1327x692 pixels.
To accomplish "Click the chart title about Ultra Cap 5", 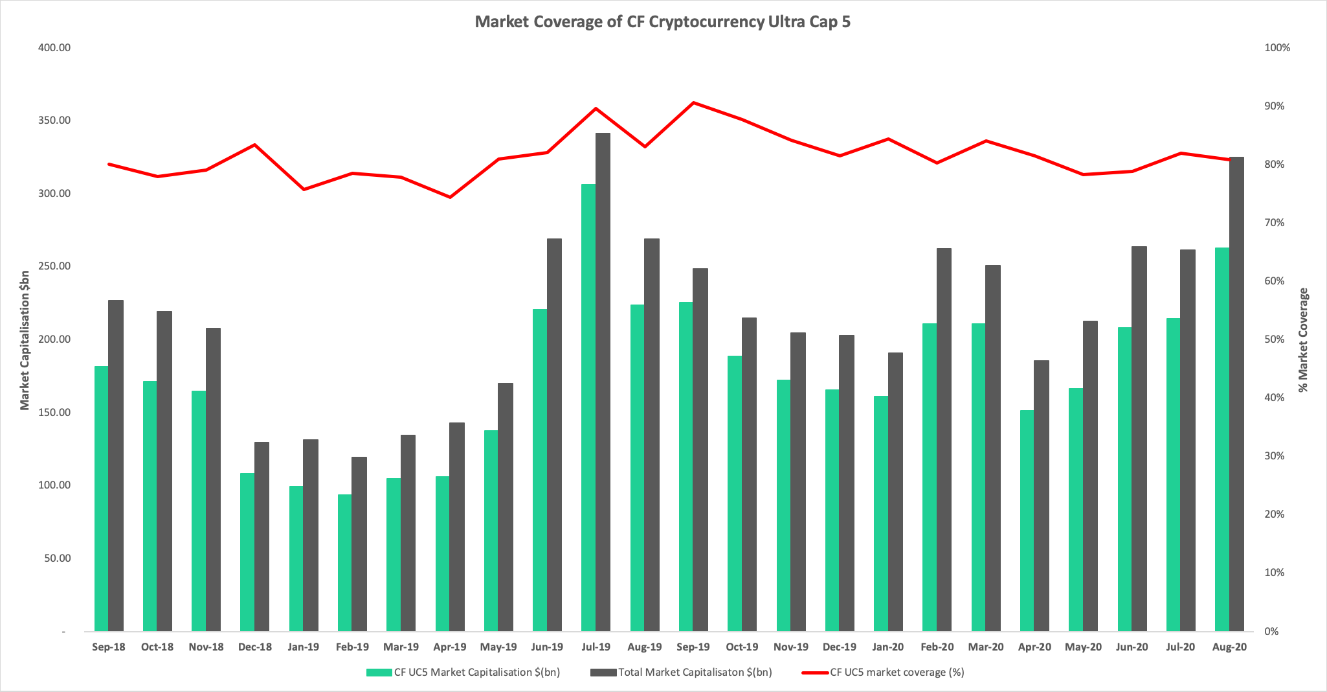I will click(x=663, y=21).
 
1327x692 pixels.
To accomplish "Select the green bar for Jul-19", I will click(x=588, y=408).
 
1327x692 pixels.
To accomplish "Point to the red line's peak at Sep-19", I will click(x=693, y=102).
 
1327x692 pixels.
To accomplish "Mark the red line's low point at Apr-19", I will click(x=450, y=197).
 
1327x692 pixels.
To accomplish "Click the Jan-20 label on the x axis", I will click(x=887, y=647).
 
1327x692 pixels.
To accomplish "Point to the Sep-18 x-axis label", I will click(x=109, y=647).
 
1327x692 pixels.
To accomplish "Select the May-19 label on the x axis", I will click(x=498, y=647).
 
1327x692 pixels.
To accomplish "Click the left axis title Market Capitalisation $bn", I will click(x=25, y=340).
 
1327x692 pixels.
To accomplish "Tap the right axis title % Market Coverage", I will click(x=1303, y=340).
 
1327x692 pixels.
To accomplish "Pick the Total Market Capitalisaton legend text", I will click(x=695, y=673).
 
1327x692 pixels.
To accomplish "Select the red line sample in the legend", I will click(x=814, y=673).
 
